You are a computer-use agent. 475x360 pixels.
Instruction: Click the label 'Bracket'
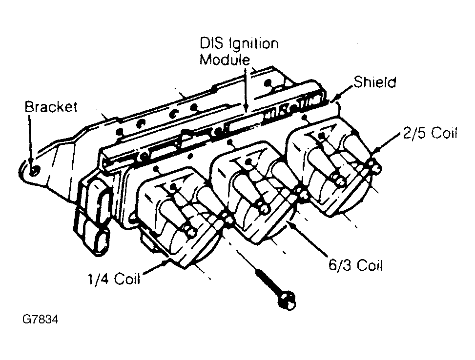coord(51,107)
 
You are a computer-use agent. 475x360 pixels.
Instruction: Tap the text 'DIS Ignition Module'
coord(239,51)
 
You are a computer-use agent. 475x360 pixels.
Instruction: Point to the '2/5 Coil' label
coord(430,133)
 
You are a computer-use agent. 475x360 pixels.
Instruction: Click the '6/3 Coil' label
coord(355,265)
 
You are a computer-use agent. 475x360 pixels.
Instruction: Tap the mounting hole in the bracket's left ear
coord(34,171)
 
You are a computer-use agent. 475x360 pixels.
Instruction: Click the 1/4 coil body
coord(176,220)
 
